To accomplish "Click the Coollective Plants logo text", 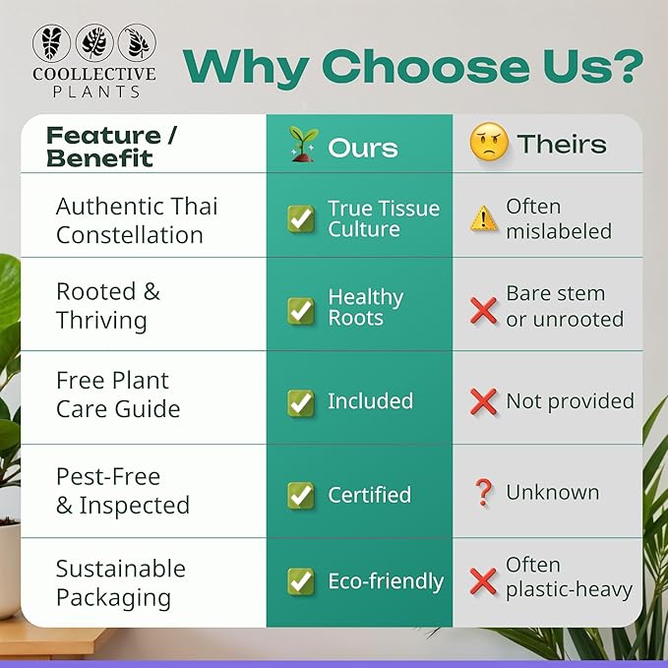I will [93, 82].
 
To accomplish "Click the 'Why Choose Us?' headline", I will [413, 66].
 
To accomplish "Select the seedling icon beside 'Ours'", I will [302, 145].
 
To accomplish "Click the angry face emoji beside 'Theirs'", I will [488, 145].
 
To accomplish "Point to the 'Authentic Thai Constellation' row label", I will [137, 220].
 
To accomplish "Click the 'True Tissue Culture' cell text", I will [384, 218].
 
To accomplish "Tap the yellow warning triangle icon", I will [483, 218].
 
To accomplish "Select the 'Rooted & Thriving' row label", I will [107, 305].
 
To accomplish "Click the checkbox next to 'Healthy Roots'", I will [301, 311].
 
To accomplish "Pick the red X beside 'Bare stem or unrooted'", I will [483, 311].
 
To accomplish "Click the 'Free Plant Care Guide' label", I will [118, 395].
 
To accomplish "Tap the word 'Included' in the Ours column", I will [370, 401].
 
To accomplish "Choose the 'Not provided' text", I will [570, 401].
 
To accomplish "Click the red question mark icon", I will [483, 493].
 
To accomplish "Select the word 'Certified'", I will [369, 495].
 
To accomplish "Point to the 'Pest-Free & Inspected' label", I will [122, 490].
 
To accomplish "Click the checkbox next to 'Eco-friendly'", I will [301, 581].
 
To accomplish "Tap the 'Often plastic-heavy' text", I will [568, 577].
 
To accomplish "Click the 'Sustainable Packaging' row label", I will [120, 582].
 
